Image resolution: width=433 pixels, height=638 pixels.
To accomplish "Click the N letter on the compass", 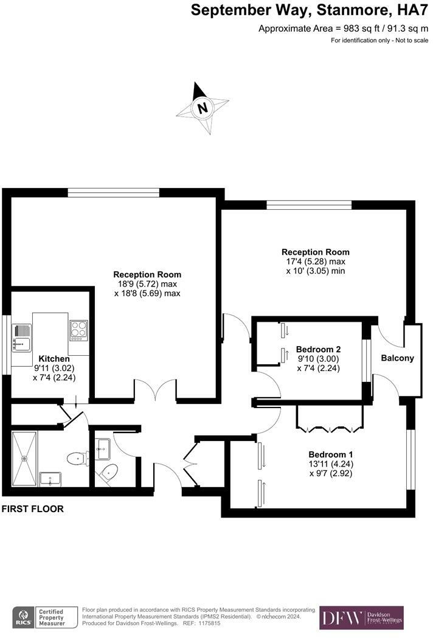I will tap(203, 109).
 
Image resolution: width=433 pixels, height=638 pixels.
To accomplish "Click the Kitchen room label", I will tap(55, 359).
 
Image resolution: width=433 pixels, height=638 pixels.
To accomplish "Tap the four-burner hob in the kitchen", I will tap(78, 330).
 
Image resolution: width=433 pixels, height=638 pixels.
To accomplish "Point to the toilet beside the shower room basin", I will tap(76, 457).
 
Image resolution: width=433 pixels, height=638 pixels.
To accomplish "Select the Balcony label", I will tap(397, 358).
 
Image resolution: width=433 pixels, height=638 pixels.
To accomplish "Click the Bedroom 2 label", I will tap(318, 350).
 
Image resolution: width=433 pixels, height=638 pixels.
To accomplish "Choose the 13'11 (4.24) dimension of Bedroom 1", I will tap(330, 464).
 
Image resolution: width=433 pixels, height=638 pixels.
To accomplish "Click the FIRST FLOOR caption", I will tap(33, 508).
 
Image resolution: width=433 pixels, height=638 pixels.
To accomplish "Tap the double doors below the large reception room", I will tap(156, 391).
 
